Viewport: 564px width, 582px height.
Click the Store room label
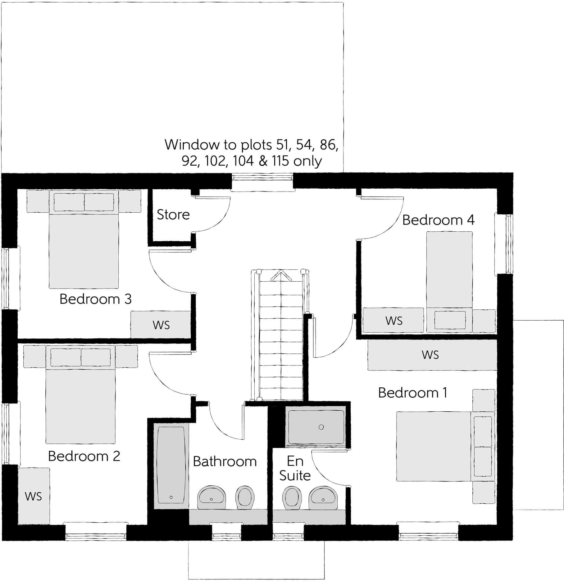click(173, 215)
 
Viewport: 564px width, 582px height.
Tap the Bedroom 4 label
click(438, 220)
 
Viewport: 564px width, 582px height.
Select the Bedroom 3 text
click(95, 299)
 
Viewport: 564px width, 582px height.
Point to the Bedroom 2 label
click(84, 456)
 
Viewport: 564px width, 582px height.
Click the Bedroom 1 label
click(412, 393)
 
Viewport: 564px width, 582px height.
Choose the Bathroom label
click(225, 462)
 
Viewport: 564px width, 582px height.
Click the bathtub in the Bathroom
click(171, 465)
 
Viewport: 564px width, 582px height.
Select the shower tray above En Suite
click(316, 427)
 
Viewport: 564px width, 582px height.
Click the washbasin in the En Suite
click(323, 497)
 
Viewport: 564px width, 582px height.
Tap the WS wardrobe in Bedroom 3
click(161, 325)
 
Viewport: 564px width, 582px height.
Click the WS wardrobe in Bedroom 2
click(34, 496)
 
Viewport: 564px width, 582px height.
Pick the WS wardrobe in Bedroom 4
click(393, 320)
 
